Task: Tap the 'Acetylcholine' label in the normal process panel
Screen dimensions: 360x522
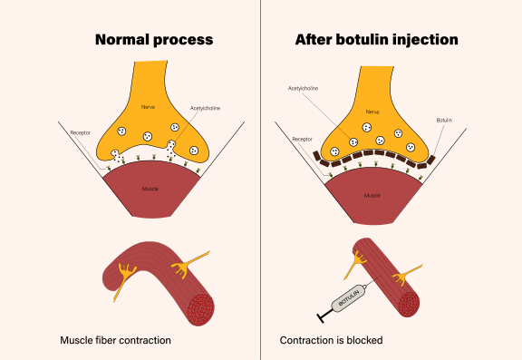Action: (206, 107)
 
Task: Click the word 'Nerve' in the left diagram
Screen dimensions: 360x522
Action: (148, 108)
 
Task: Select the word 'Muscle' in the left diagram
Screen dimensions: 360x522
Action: (151, 190)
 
